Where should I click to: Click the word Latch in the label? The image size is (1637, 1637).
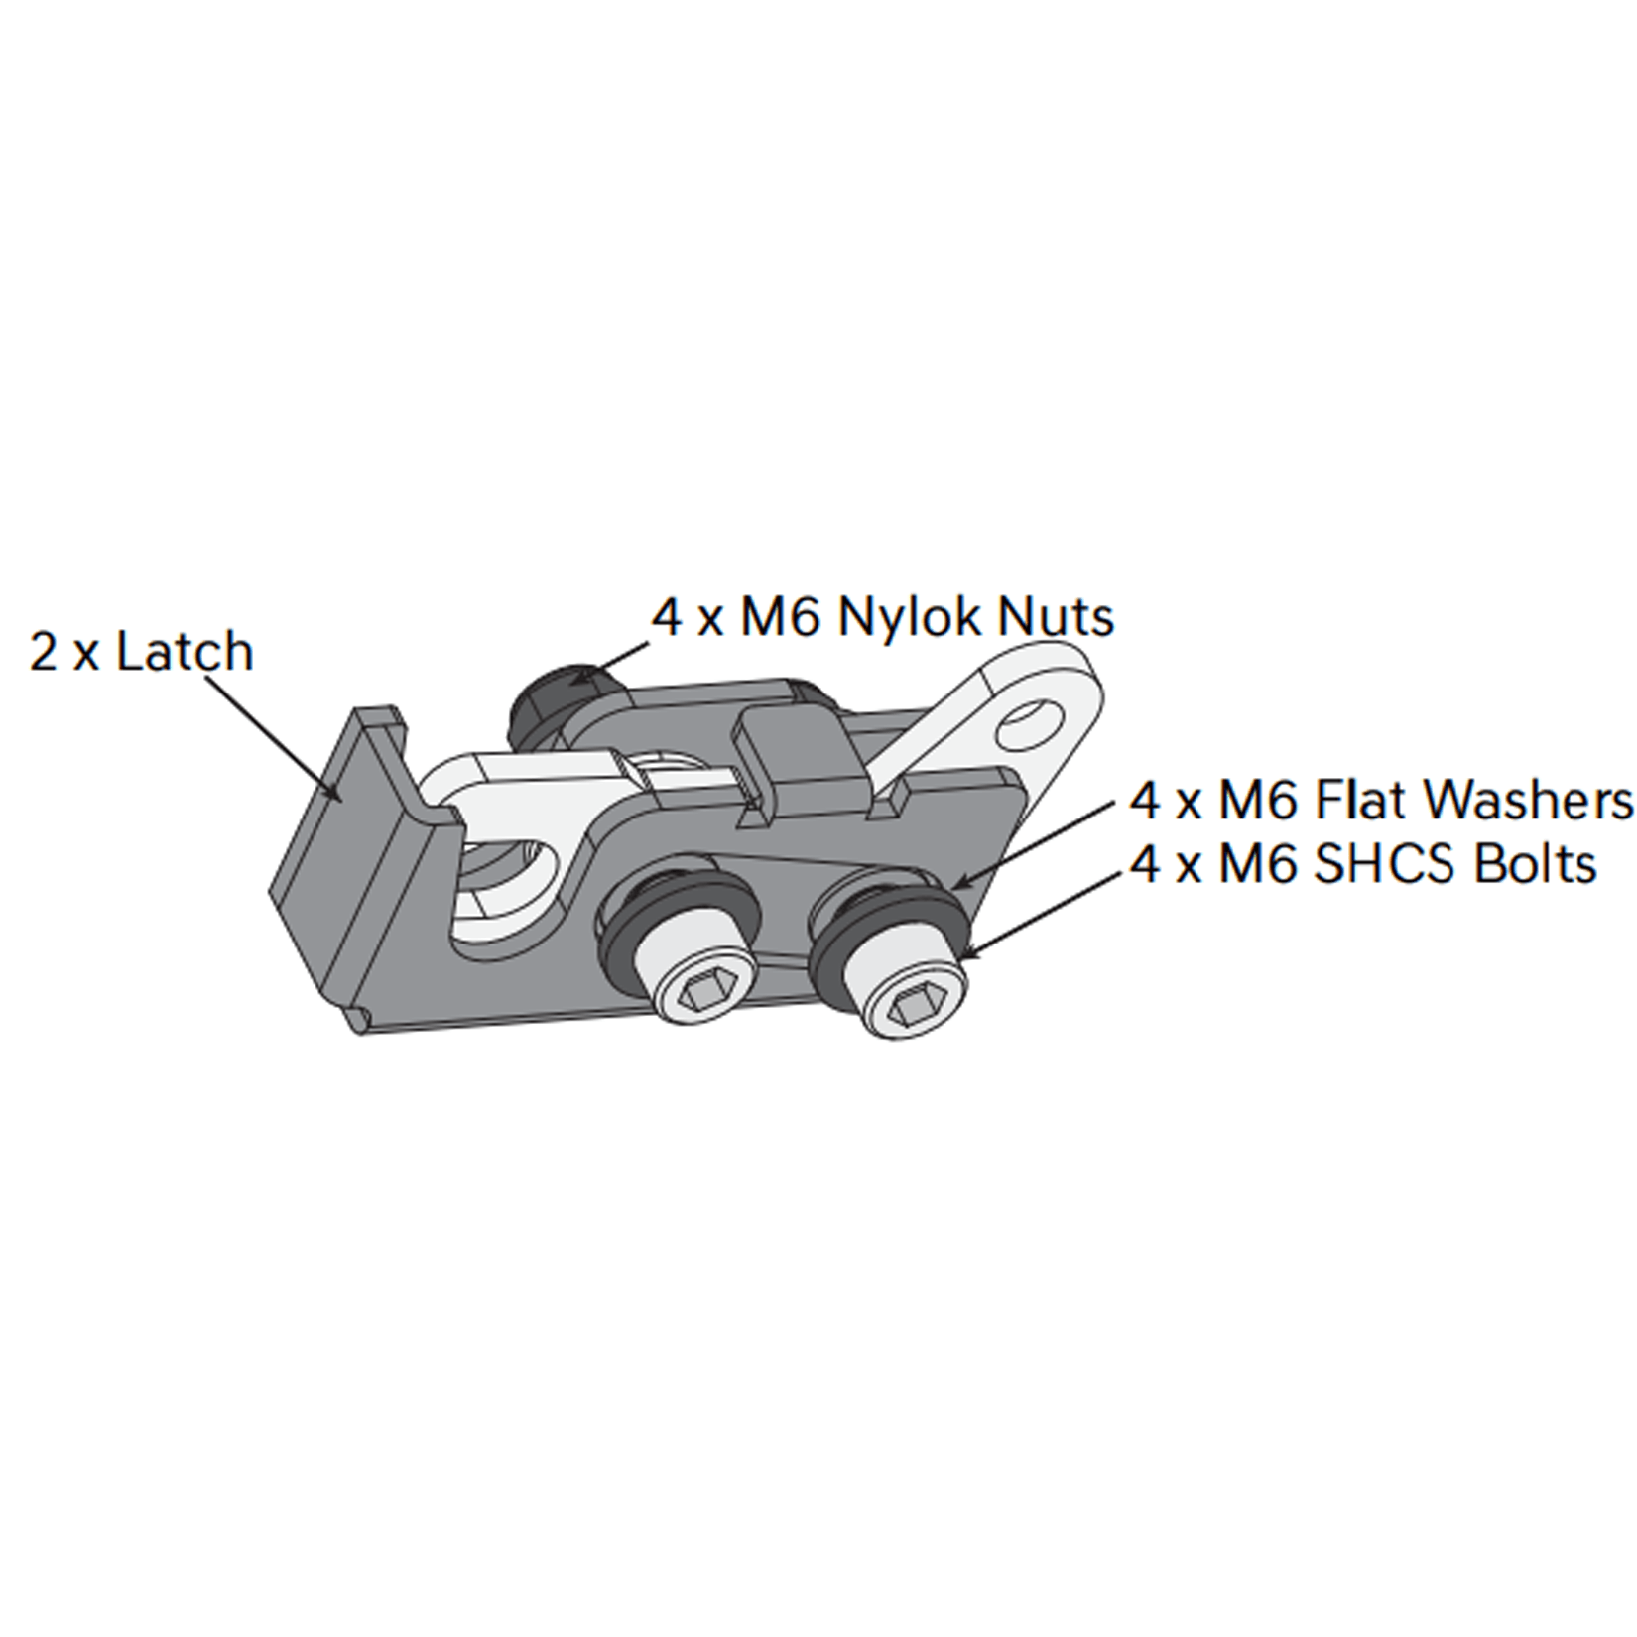185,652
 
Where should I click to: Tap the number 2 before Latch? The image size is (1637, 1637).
44,653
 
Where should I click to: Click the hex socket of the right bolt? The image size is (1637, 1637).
912,1006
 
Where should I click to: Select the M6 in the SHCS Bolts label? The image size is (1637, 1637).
1258,864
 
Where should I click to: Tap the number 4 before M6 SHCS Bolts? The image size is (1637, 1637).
1146,864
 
